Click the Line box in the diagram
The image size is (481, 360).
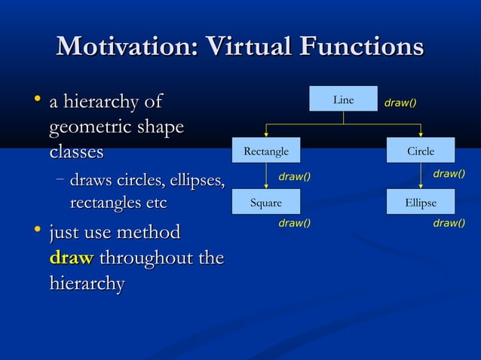point(343,100)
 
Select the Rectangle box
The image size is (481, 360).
point(266,151)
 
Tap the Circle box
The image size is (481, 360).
point(421,151)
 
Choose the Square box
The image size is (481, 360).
point(266,202)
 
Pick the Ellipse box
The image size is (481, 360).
point(421,202)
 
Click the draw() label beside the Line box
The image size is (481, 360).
point(401,102)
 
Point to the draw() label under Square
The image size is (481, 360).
point(295,223)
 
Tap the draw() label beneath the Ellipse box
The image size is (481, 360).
point(449,223)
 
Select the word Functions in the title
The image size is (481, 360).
point(362,47)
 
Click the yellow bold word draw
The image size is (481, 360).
point(71,258)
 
